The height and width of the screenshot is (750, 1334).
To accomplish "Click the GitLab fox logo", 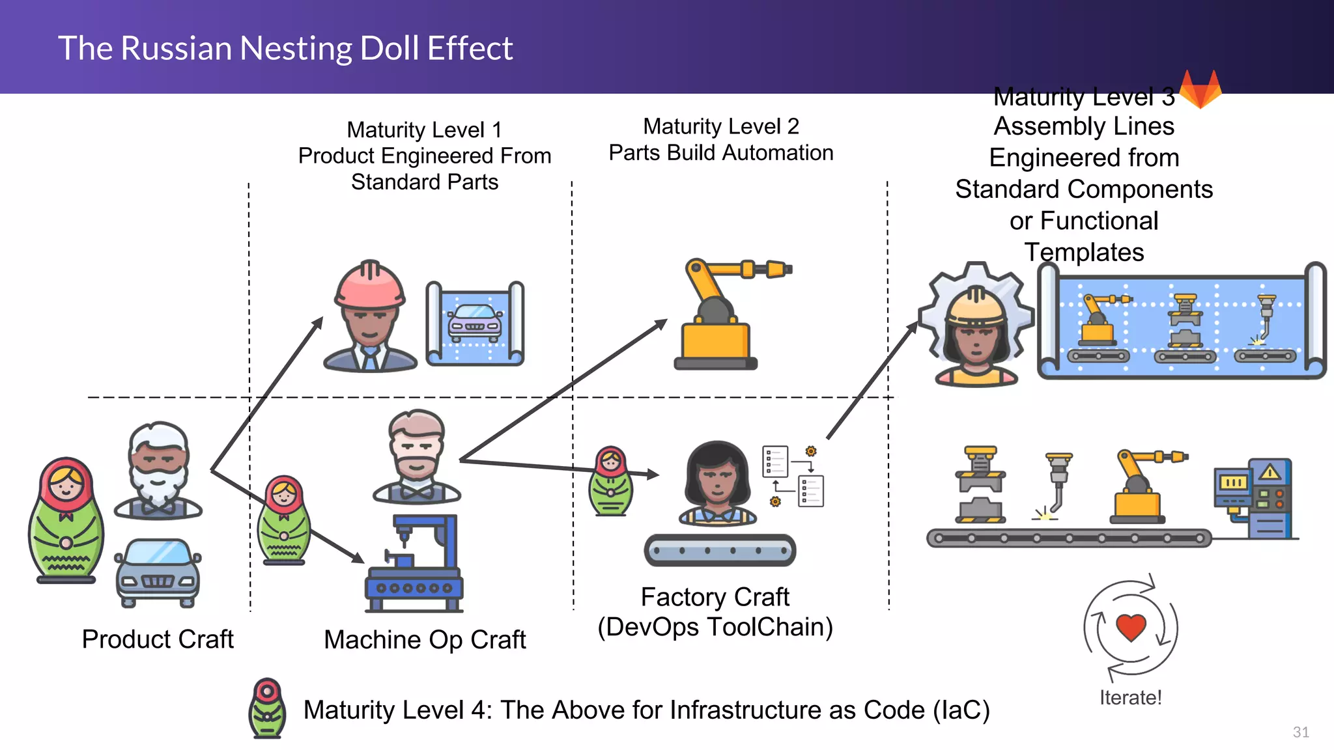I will (x=1200, y=89).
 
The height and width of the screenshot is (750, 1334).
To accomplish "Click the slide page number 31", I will (x=1301, y=732).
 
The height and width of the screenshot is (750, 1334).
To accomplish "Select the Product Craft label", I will (x=158, y=639).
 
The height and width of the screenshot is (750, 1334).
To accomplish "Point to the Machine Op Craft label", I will (x=425, y=640).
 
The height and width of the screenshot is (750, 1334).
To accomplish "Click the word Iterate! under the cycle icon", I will (x=1130, y=698).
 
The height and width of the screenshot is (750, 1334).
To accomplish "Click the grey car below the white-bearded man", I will (x=158, y=572).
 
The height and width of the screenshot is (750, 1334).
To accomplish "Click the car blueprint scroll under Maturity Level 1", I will (x=475, y=324).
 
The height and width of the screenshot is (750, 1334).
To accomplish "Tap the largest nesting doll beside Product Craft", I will (x=66, y=520).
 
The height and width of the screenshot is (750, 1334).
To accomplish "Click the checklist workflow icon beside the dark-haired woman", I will (x=793, y=476).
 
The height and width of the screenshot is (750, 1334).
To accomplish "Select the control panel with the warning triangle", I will (x=1254, y=498).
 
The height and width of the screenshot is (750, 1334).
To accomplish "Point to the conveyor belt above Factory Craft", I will (x=720, y=550).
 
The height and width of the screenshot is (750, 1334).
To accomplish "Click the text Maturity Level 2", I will (x=720, y=126).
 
